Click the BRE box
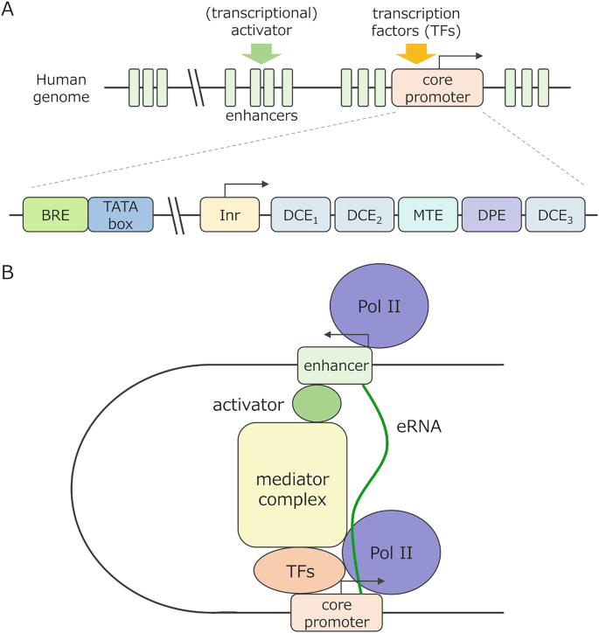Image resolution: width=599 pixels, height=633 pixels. click(54, 214)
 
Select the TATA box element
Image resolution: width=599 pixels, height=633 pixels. click(121, 214)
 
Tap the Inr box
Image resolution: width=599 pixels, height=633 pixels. click(230, 214)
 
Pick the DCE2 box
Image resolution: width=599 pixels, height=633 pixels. click(364, 214)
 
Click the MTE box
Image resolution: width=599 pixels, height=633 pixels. click(428, 214)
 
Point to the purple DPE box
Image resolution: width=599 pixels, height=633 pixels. click(491, 214)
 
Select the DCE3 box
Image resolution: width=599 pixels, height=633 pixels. click(555, 214)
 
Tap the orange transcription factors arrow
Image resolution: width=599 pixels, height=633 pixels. click(411, 54)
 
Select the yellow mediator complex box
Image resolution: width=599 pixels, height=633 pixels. click(292, 485)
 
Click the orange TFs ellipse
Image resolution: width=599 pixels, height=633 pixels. click(298, 571)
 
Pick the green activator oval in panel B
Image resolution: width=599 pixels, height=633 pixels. click(317, 403)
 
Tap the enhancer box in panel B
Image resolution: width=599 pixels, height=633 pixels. click(335, 365)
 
